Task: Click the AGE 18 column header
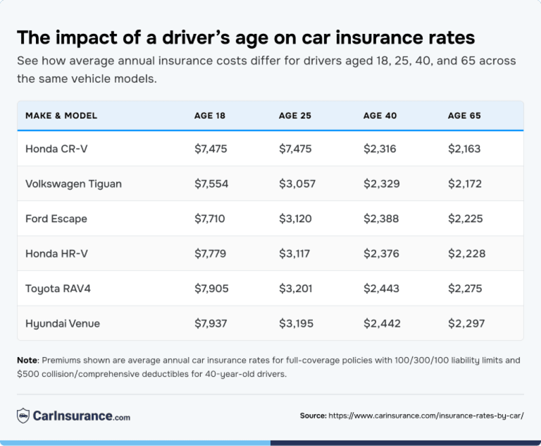point(210,116)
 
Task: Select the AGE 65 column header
point(464,116)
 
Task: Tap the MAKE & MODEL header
point(61,116)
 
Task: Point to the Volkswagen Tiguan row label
point(73,183)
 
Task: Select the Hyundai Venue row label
point(63,323)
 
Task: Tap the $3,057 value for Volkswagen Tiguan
point(297,183)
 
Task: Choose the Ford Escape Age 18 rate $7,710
point(210,219)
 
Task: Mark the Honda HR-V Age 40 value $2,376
point(381,253)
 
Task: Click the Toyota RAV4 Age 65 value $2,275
point(466,289)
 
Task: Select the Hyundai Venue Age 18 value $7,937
point(211,323)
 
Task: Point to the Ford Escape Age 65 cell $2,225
point(466,219)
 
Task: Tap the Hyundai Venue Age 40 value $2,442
point(382,323)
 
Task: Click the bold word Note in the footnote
point(27,360)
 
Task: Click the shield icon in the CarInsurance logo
point(23,416)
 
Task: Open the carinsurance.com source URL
point(426,416)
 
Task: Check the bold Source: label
point(313,416)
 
